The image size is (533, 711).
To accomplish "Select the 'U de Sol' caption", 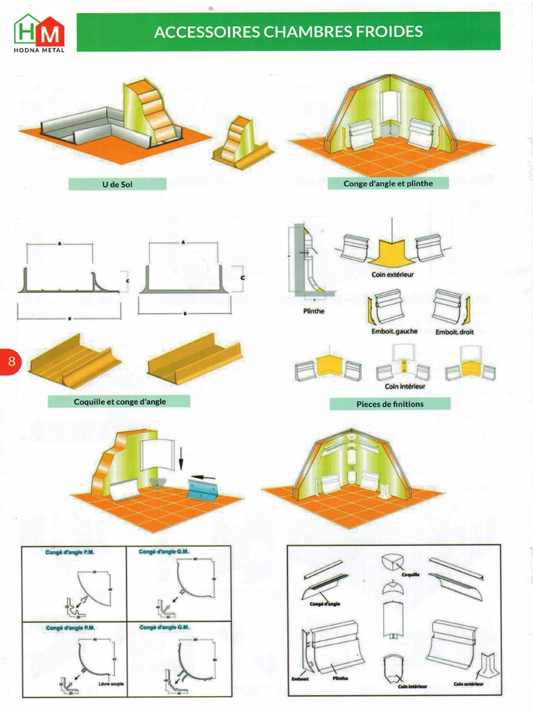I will click(x=117, y=184).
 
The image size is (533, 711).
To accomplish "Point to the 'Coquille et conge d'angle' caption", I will click(x=119, y=401).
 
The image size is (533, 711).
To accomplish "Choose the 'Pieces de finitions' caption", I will click(x=389, y=403).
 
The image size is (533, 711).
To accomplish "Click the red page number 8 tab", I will click(x=11, y=360).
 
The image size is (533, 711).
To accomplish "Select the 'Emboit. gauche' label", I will click(x=394, y=332).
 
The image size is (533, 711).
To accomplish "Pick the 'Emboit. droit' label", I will click(x=455, y=332).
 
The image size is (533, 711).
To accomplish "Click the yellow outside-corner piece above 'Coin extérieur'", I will click(x=393, y=251).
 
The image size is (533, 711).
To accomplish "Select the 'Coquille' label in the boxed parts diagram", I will click(x=410, y=574).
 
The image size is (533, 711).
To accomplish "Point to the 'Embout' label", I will click(x=300, y=678).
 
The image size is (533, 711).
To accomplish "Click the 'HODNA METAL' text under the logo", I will click(x=39, y=49).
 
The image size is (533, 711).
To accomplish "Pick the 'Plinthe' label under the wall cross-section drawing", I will click(x=314, y=311).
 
